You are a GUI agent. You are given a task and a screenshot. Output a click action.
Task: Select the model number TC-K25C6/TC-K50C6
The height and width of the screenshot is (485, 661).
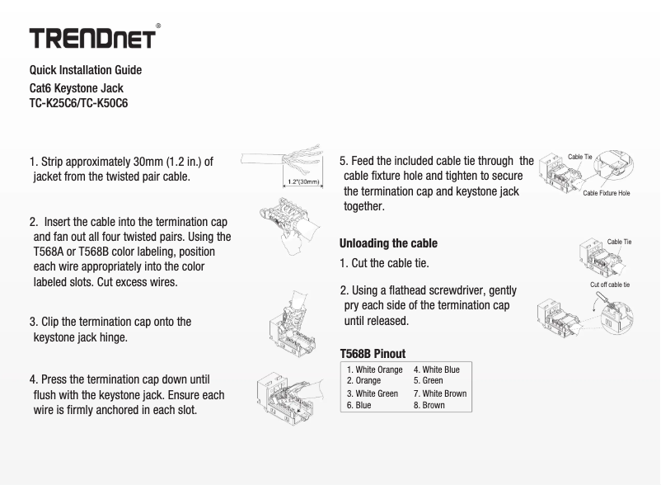tap(78, 104)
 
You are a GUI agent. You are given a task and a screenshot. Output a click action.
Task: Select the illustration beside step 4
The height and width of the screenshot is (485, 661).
tap(293, 392)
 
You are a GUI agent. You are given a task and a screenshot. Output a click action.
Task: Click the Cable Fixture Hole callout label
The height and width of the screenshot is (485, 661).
tap(606, 192)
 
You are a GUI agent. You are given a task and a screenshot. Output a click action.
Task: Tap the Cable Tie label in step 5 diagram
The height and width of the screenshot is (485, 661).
tap(580, 157)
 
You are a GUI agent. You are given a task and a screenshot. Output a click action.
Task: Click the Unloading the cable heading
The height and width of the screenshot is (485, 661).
tap(388, 243)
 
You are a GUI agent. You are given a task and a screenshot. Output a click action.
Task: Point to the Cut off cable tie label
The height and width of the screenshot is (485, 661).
tap(610, 285)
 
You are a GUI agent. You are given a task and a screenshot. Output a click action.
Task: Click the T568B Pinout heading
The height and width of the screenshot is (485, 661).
tap(373, 353)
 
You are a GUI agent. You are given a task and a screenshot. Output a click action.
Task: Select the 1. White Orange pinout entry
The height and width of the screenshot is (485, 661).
tap(375, 370)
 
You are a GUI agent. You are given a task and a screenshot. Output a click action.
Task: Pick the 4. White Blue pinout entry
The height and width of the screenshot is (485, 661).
tap(436, 370)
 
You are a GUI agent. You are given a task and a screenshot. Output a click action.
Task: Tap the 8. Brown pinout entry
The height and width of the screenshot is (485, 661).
tap(429, 405)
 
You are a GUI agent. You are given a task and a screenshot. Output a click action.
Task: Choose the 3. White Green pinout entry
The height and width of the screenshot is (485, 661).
tap(373, 393)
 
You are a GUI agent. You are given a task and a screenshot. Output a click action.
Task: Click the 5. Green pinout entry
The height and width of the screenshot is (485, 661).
tap(428, 381)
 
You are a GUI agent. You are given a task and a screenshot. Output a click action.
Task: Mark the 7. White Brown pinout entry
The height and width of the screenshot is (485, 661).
tap(439, 393)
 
